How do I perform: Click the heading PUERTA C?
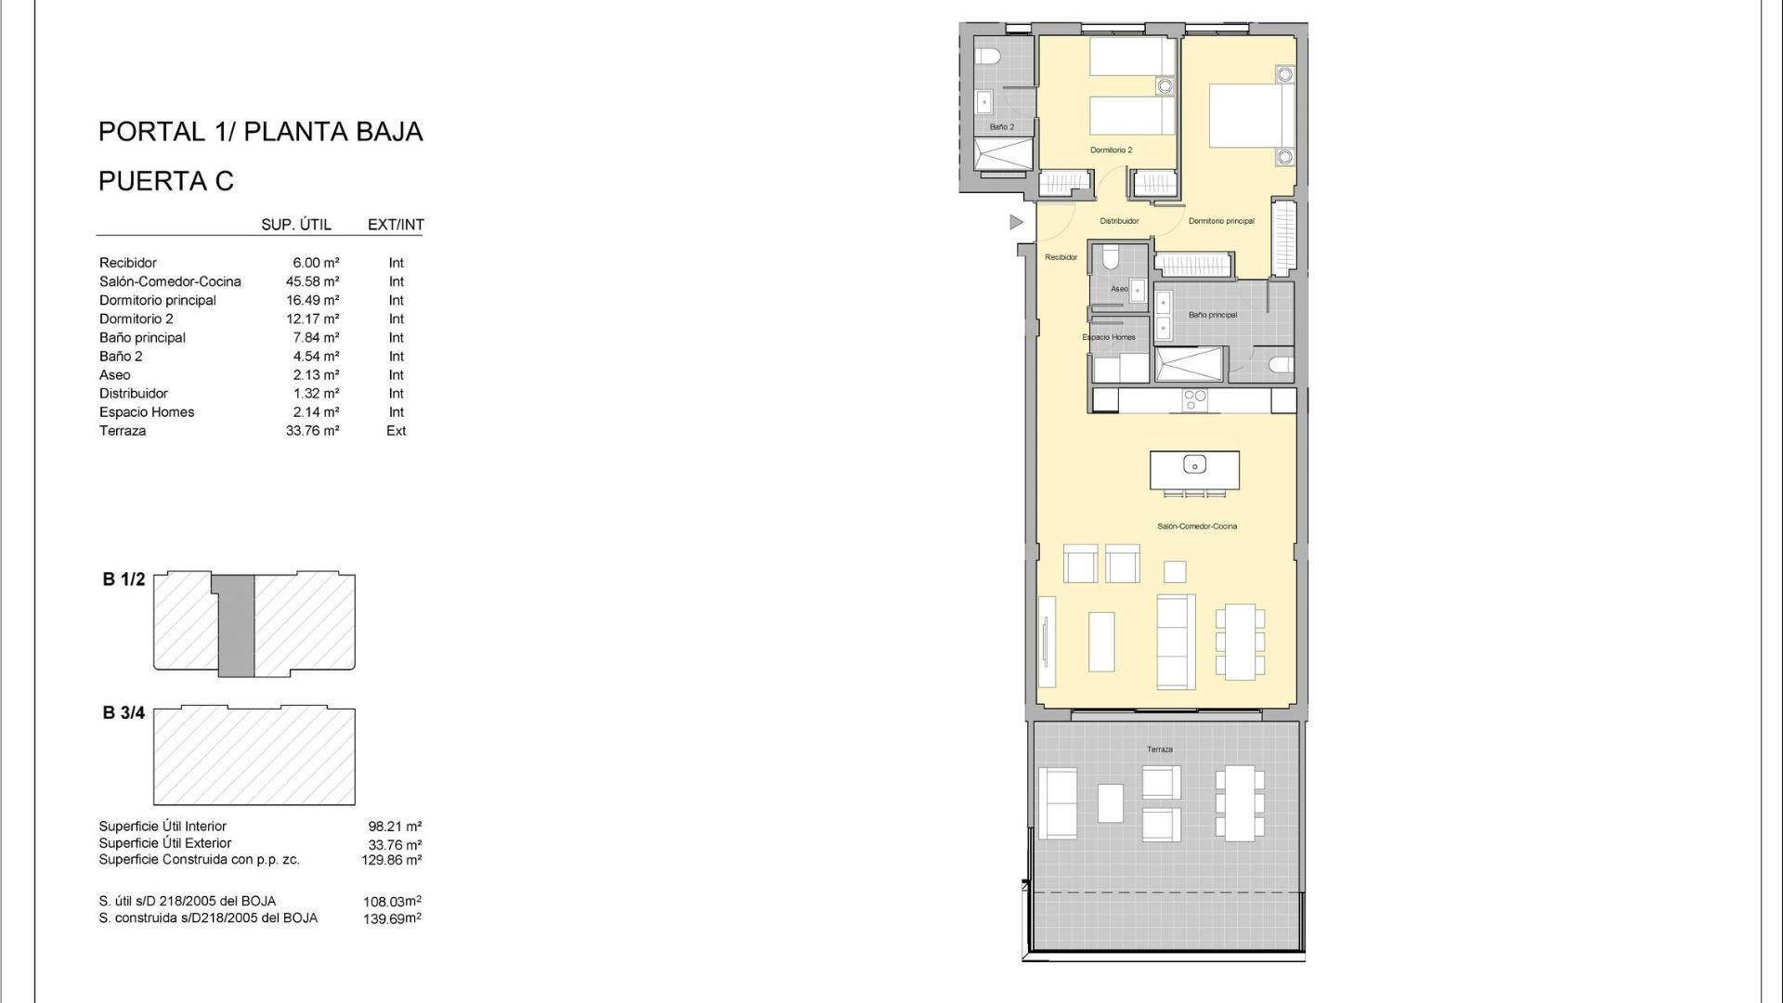tap(166, 181)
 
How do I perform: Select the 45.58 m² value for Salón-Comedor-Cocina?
tap(312, 281)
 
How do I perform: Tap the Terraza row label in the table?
tap(123, 431)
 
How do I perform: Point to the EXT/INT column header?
tap(396, 225)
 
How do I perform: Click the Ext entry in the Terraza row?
tap(396, 431)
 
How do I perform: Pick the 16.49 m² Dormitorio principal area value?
tap(312, 300)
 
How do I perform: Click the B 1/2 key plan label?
tap(124, 580)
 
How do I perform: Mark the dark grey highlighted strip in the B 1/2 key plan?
tap(236, 624)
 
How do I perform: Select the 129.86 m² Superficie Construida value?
tap(391, 860)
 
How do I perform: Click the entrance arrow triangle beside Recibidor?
tap(1016, 222)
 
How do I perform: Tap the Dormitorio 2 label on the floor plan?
tap(1111, 150)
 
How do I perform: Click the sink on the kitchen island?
tap(1194, 464)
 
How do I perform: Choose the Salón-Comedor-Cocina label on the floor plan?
tap(1196, 527)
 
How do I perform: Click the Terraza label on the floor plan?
tap(1159, 749)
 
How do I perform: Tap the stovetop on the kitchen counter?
tap(1194, 399)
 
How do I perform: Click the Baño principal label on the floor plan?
tap(1212, 316)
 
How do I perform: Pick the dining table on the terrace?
tap(1240, 803)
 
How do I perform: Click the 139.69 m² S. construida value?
tap(391, 918)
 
